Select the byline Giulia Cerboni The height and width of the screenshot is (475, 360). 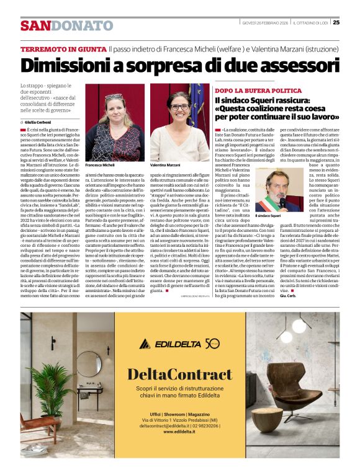[40, 122]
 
